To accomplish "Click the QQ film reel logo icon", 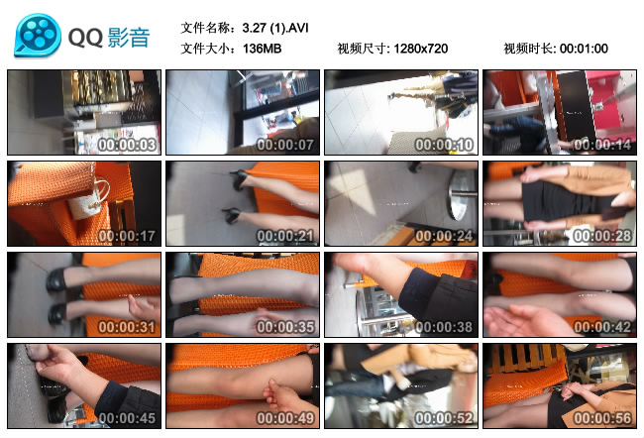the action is pyautogui.click(x=38, y=35).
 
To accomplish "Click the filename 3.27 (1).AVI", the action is pyautogui.click(x=275, y=28).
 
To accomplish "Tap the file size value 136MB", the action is pyautogui.click(x=262, y=49).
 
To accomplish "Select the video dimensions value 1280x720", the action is pyautogui.click(x=421, y=49).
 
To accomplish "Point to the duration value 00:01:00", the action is pyautogui.click(x=584, y=49).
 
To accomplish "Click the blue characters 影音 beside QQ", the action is pyautogui.click(x=129, y=38).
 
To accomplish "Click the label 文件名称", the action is pyautogui.click(x=205, y=28).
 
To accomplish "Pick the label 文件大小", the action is pyautogui.click(x=205, y=49).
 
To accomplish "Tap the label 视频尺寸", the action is pyautogui.click(x=362, y=49).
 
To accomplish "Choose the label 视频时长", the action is pyautogui.click(x=528, y=49).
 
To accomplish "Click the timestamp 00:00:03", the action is pyautogui.click(x=127, y=145).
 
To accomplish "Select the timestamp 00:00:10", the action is pyautogui.click(x=444, y=145).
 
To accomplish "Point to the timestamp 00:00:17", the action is pyautogui.click(x=127, y=236).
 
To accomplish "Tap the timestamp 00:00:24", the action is pyautogui.click(x=444, y=236).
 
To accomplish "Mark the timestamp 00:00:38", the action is pyautogui.click(x=444, y=327).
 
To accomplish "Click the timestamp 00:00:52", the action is pyautogui.click(x=444, y=418).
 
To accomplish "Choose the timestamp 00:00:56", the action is pyautogui.click(x=602, y=418).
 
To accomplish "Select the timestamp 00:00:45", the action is pyautogui.click(x=127, y=418).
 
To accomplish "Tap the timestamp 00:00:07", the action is pyautogui.click(x=285, y=145).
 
